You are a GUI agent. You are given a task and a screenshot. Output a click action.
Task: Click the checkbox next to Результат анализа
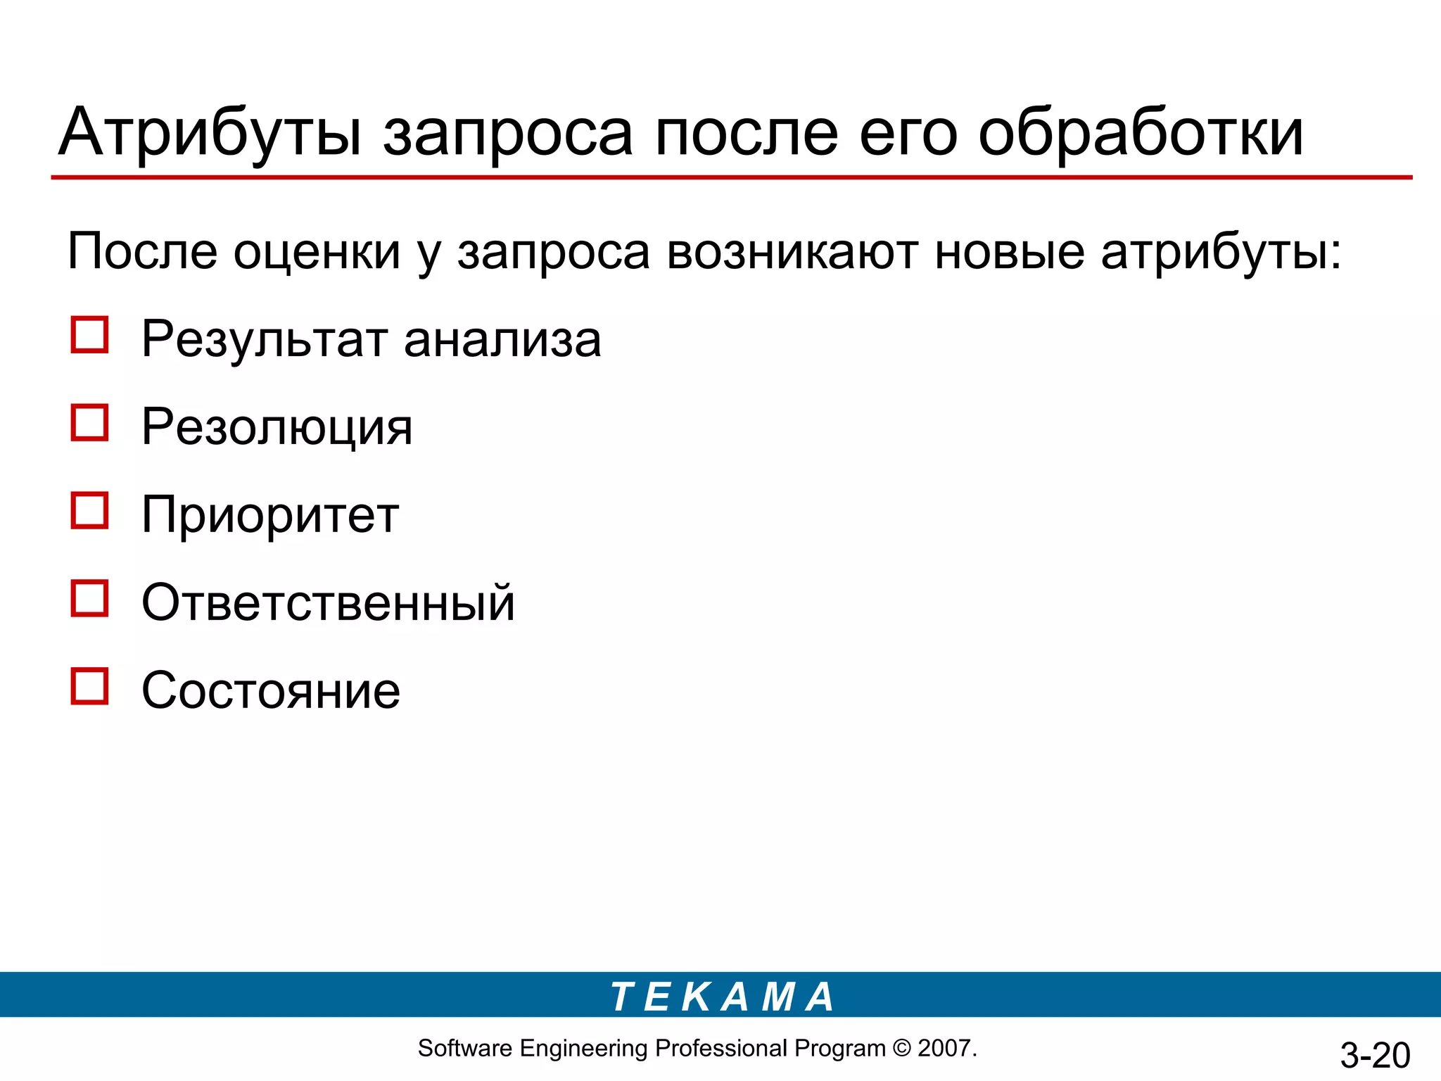[89, 335]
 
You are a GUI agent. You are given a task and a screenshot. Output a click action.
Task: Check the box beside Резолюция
[89, 423]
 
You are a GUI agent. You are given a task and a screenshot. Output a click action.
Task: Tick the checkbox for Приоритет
[89, 511]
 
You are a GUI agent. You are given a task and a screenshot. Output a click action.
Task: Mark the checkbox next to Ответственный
[89, 599]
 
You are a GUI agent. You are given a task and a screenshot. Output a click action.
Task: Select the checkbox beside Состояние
[89, 686]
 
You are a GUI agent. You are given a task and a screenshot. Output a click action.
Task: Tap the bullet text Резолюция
[277, 428]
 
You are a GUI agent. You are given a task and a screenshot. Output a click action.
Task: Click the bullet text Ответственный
[328, 603]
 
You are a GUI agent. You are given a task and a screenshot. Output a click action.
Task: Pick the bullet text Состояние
[271, 691]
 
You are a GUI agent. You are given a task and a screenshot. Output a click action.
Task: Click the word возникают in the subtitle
[792, 252]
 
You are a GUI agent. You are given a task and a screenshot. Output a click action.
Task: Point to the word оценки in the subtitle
[317, 252]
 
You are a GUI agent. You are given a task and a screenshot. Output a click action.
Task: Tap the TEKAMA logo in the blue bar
[722, 997]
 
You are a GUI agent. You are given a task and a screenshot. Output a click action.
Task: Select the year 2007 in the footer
[945, 1049]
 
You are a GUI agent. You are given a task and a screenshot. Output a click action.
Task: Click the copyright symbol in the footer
[901, 1049]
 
